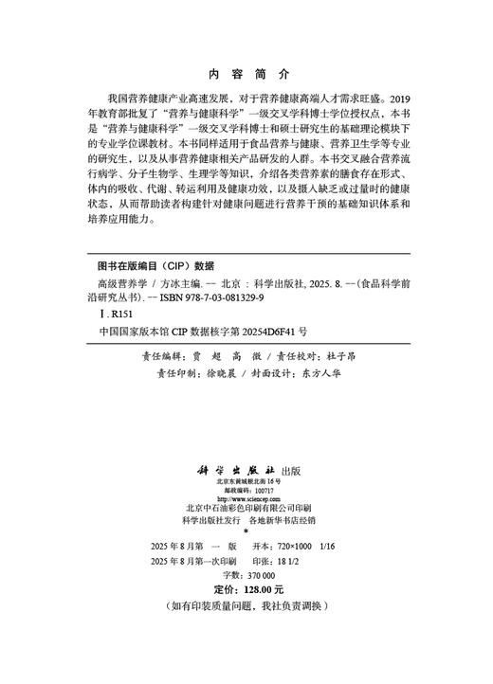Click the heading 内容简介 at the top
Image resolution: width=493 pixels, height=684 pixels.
[246, 73]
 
